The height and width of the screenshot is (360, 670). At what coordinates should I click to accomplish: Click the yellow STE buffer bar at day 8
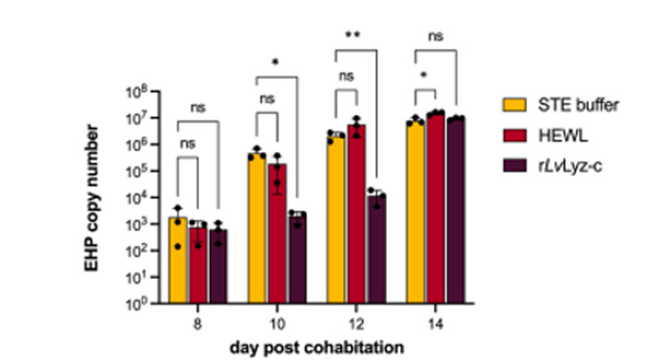[x=178, y=260]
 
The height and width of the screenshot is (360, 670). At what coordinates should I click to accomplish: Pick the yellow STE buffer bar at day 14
[x=415, y=213]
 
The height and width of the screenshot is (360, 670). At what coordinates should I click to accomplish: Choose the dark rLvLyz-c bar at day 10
[x=297, y=257]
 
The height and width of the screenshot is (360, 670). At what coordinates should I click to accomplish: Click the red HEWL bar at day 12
[x=356, y=214]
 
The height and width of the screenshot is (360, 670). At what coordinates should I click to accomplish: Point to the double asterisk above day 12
[x=353, y=36]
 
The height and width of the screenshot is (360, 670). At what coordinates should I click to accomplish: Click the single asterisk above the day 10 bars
[x=275, y=63]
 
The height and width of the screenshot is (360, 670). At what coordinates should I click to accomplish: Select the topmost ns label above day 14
[x=435, y=37]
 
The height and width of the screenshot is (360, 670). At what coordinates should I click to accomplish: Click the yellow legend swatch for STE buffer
[x=515, y=105]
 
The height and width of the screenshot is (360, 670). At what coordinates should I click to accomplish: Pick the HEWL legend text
[x=563, y=136]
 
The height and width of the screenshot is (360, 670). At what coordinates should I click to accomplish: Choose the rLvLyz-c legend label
[x=570, y=165]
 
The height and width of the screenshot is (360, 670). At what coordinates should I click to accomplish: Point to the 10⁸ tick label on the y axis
[x=138, y=91]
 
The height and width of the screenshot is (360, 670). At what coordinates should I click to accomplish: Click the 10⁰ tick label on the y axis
[x=138, y=303]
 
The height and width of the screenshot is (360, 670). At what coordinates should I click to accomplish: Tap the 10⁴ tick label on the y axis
[x=138, y=197]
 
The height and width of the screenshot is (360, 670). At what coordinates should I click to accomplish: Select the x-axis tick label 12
[x=356, y=324]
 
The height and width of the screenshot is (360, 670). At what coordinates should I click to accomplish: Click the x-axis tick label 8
[x=197, y=324]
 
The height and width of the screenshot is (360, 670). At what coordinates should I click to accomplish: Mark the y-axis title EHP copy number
[x=91, y=197]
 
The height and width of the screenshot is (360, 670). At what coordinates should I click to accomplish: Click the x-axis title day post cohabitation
[x=316, y=348]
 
